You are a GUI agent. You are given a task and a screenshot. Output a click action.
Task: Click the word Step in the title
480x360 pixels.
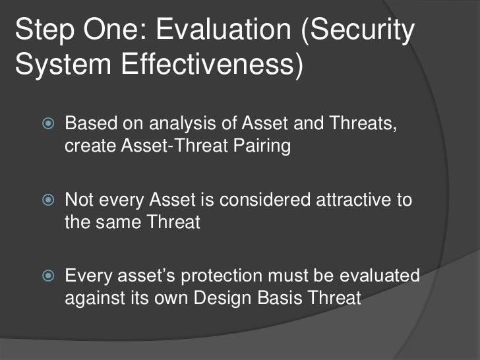pyautogui.click(x=45, y=30)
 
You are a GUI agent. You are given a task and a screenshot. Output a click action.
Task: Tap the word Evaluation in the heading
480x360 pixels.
pyautogui.click(x=224, y=29)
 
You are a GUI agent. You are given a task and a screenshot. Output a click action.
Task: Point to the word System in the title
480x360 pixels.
pyautogui.click(x=63, y=65)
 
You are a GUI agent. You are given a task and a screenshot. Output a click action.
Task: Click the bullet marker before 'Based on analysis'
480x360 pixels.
pyautogui.click(x=48, y=123)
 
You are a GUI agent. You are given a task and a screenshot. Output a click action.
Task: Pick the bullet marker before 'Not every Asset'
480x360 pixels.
pyautogui.click(x=48, y=200)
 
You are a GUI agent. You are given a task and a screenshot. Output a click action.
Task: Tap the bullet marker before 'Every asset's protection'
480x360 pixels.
pyautogui.click(x=48, y=276)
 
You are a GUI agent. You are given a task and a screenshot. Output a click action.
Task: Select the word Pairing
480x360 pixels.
pyautogui.click(x=262, y=146)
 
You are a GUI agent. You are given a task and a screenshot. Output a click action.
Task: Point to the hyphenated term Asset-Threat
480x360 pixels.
pyautogui.click(x=174, y=145)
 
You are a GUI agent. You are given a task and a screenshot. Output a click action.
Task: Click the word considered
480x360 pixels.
pyautogui.click(x=265, y=200)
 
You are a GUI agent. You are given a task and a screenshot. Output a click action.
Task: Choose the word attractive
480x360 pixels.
pyautogui.click(x=353, y=200)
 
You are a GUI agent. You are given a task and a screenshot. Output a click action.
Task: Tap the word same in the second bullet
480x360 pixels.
pyautogui.click(x=118, y=223)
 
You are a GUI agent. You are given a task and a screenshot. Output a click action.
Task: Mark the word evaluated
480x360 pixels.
pyautogui.click(x=380, y=275)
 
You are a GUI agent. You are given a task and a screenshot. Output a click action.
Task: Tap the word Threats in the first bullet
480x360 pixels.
pyautogui.click(x=363, y=123)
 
